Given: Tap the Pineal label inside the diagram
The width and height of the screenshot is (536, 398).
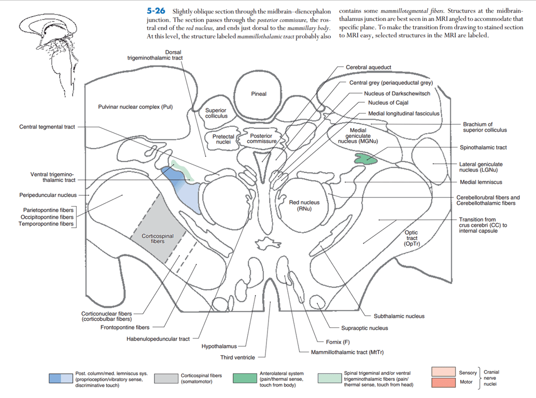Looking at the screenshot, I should [259, 94].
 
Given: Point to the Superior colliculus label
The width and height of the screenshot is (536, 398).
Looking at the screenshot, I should [216, 113].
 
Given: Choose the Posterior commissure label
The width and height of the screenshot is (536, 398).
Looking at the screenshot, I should [261, 138].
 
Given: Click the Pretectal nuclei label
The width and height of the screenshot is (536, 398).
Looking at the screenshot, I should [223, 139].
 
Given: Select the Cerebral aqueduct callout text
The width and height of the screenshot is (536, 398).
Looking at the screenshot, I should [369, 67].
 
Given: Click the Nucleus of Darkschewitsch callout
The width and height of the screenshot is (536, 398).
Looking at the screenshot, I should [397, 93].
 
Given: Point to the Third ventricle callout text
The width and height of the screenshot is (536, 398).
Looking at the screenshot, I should [237, 358].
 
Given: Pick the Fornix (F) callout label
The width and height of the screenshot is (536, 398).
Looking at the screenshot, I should [337, 342].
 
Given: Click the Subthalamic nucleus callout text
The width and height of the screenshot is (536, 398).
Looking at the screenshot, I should [399, 316].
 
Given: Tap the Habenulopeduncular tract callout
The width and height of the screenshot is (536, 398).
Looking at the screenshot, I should [158, 339].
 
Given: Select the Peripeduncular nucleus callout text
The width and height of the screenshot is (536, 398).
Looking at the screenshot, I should [48, 195].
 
